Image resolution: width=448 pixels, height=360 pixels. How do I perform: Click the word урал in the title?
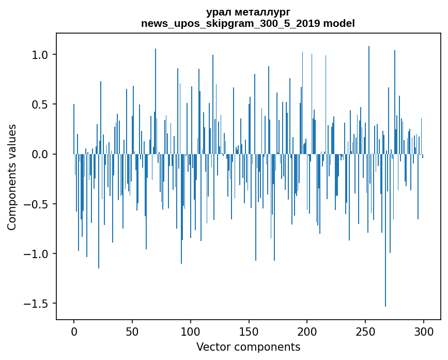click(218, 12)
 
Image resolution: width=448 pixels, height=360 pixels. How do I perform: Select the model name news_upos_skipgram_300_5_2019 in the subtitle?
click(234, 23)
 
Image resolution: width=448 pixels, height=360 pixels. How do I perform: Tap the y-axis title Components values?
click(12, 177)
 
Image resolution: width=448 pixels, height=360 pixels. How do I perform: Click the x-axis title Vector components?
click(248, 347)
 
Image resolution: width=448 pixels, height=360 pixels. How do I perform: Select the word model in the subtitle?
click(339, 23)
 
